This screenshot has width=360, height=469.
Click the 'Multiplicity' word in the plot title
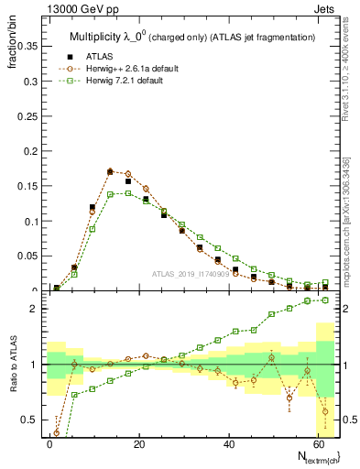pos(96,37)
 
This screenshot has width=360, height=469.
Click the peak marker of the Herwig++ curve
pos(110,171)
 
